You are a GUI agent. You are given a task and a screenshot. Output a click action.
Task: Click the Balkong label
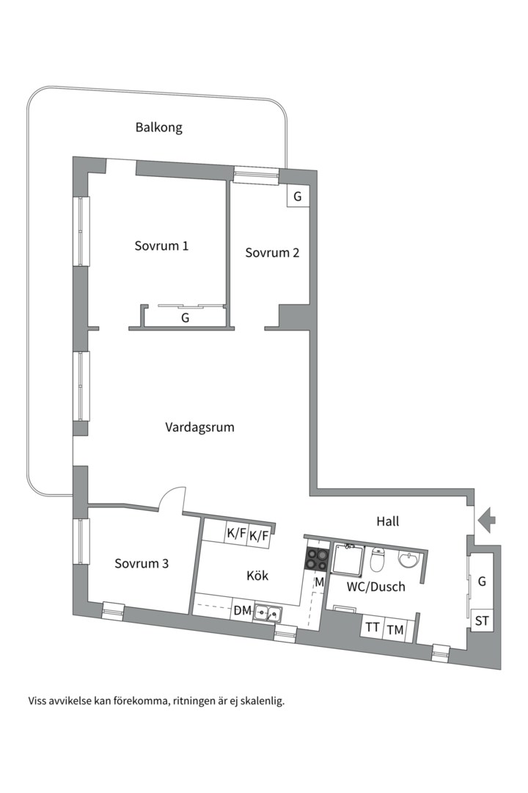click(158, 127)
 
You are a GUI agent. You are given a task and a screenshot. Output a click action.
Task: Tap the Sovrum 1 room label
click(161, 245)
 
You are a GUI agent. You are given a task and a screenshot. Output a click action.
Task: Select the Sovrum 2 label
click(272, 253)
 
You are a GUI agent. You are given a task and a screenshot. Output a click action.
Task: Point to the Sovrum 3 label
click(142, 563)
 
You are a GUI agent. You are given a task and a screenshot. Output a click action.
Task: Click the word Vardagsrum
click(199, 427)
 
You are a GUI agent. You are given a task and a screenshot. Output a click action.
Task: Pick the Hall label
click(387, 521)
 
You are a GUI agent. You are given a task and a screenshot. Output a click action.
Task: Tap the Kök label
click(257, 576)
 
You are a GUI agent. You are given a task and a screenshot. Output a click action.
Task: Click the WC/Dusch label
click(376, 587)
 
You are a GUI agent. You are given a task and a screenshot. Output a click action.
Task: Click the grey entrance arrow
click(485, 520)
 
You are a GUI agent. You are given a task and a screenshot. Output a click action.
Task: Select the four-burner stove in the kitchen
click(318, 560)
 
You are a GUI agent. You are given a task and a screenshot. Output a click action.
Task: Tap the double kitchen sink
click(269, 611)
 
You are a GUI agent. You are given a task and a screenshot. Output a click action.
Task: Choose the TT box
click(373, 628)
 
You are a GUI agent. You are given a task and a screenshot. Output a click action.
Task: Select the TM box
click(395, 629)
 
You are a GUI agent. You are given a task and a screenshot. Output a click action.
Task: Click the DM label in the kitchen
click(242, 609)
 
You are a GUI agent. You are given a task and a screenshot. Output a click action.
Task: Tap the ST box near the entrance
click(483, 620)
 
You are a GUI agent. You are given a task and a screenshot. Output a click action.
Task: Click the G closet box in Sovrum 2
click(297, 197)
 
